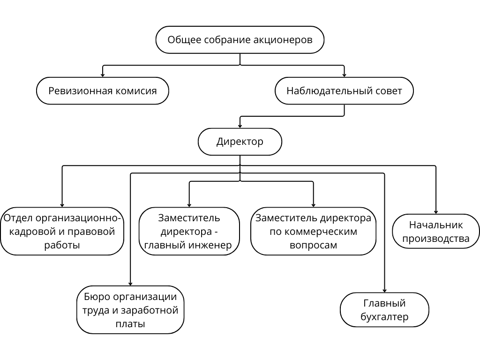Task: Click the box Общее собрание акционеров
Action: click(x=240, y=40)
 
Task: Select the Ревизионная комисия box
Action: click(x=103, y=90)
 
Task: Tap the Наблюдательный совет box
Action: click(x=344, y=90)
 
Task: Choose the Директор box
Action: click(x=240, y=142)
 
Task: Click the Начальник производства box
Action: click(x=436, y=232)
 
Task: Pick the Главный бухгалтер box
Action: click(x=384, y=310)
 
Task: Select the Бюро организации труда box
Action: click(x=130, y=310)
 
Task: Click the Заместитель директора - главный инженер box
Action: click(x=189, y=232)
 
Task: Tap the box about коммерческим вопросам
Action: click(x=313, y=232)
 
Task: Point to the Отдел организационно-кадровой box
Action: click(x=62, y=232)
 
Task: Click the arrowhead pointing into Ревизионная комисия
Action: click(x=103, y=75)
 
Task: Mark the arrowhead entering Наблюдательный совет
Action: click(x=344, y=75)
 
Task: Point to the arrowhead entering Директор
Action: click(x=240, y=126)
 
